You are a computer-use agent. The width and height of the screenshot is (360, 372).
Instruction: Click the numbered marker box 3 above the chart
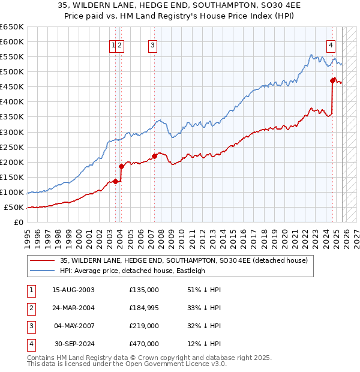[x=152, y=45]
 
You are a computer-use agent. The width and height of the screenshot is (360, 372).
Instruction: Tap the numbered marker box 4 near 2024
[x=331, y=45]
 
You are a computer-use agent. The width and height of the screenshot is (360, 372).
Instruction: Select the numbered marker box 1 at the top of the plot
[x=113, y=45]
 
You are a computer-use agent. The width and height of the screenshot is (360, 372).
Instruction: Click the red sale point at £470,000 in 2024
[x=332, y=79]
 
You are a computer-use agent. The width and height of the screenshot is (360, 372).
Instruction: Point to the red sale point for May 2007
[x=154, y=156]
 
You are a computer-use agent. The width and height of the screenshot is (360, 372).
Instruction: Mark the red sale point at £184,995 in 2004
[x=121, y=166]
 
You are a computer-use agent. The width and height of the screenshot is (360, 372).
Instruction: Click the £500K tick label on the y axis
[x=12, y=72]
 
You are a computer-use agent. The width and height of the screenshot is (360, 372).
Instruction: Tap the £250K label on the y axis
[x=12, y=147]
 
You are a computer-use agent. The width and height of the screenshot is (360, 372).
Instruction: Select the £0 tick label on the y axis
[x=17, y=223]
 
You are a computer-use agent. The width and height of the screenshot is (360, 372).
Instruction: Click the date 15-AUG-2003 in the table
[x=73, y=290]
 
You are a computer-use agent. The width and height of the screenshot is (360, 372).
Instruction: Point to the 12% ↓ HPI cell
[x=204, y=344]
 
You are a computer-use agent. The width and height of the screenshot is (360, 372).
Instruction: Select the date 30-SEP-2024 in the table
[x=73, y=344]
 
